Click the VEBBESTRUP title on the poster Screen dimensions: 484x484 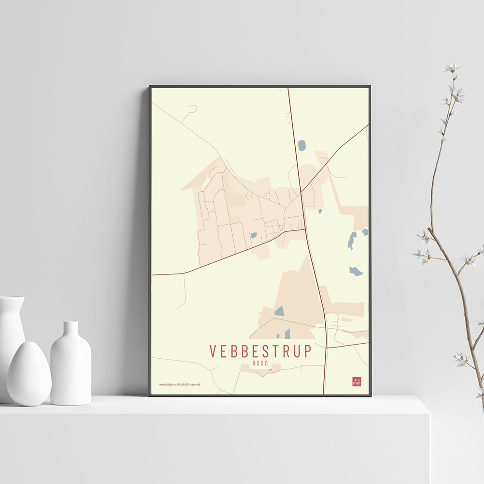point(261,351)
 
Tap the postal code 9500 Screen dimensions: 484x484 point(261,363)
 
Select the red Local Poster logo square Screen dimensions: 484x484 point(357,381)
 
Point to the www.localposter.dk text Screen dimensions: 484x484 point(180,384)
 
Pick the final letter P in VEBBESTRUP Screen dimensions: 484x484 point(308,351)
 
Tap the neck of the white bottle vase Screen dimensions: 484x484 point(71,329)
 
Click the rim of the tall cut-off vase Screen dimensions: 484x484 point(12,298)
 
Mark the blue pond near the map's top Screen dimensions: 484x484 point(302,145)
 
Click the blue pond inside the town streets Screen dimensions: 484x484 point(254,235)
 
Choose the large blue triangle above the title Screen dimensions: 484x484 point(279,311)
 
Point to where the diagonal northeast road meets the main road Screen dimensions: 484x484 point(301,192)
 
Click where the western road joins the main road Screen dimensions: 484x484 point(305,229)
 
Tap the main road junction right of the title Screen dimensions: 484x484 point(326,348)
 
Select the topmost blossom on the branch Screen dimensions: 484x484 point(452,67)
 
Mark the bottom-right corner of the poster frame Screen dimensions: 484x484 point(370,395)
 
